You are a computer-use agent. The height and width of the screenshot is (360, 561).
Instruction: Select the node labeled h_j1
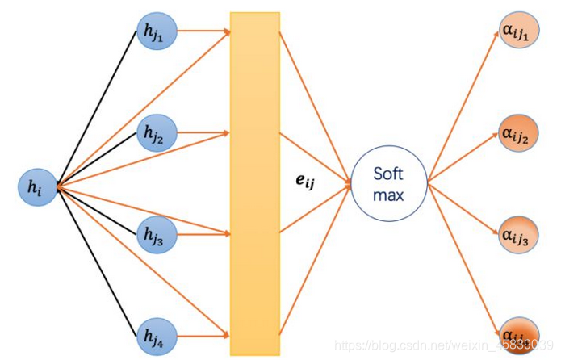[154, 31]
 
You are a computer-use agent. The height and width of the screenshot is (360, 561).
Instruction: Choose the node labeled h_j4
[154, 333]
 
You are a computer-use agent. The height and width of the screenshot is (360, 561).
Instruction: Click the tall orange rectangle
[254, 186]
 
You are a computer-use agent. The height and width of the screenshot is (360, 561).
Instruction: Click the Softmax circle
[387, 185]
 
